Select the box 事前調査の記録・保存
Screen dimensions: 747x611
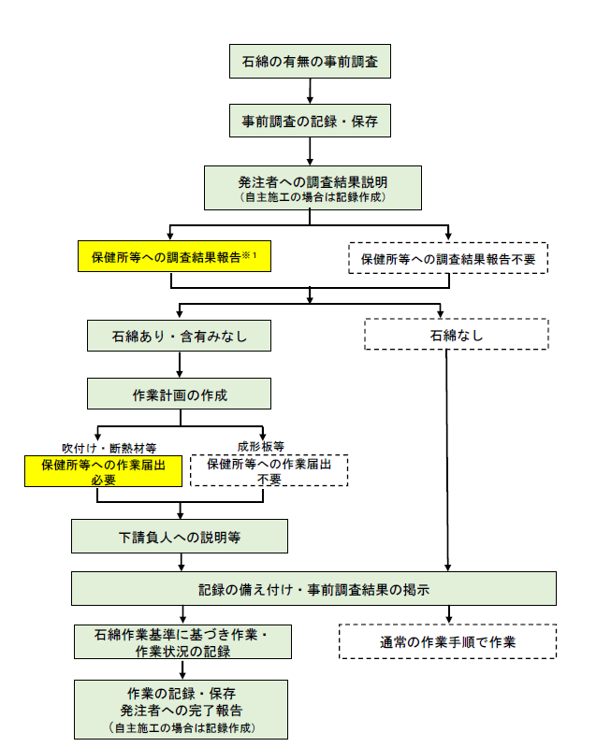coord(309,121)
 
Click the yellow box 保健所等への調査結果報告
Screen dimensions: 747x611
coord(174,255)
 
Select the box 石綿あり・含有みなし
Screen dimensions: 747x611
coord(180,334)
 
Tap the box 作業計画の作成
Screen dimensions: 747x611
coord(180,394)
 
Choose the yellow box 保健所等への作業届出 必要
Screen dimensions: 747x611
coord(102,470)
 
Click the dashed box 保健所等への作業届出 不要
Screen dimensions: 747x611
coord(269,470)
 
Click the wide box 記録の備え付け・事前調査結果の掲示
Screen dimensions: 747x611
coord(313,589)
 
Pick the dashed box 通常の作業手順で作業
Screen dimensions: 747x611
coord(447,641)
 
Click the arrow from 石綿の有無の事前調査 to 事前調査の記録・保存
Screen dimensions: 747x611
coord(310,91)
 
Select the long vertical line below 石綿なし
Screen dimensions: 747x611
coord(448,458)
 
